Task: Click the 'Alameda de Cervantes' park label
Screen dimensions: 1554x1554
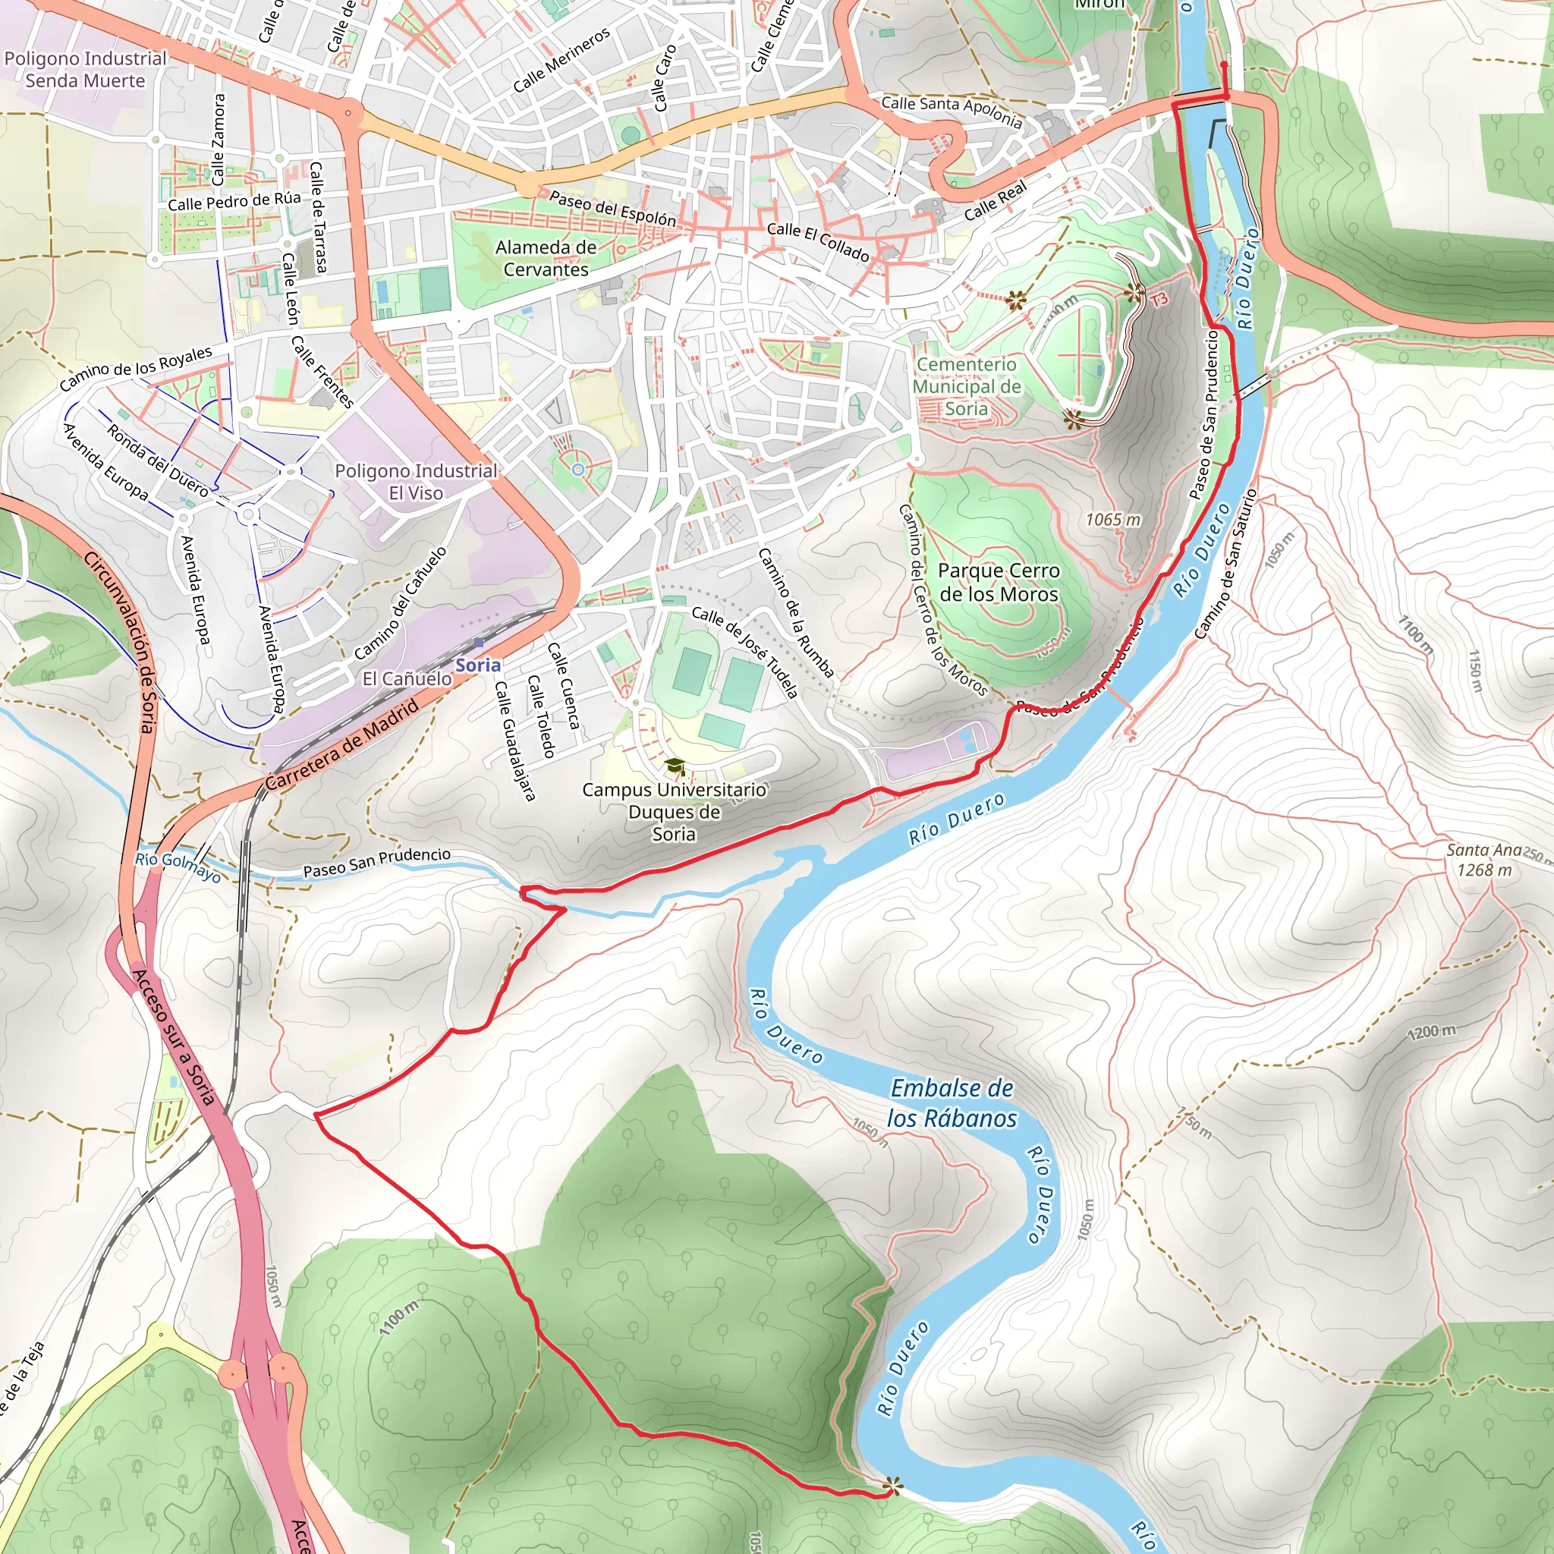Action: click(x=546, y=258)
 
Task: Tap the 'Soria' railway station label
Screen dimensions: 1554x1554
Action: click(x=478, y=665)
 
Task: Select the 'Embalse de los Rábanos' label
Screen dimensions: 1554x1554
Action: click(x=952, y=1103)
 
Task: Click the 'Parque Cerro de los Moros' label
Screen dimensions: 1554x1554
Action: click(x=999, y=582)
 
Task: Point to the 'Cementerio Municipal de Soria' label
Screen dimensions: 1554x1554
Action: click(x=966, y=386)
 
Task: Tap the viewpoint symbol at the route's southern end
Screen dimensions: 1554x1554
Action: click(x=892, y=1486)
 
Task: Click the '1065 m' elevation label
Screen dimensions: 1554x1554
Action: click(x=1112, y=520)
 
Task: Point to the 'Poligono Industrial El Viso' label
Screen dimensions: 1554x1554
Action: click(x=416, y=482)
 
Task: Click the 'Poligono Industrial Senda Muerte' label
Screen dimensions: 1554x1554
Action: click(x=85, y=69)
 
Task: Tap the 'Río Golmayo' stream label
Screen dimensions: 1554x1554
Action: click(x=177, y=867)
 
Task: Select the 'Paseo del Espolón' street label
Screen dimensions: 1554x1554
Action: click(x=612, y=207)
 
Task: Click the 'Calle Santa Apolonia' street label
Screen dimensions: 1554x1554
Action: click(x=951, y=112)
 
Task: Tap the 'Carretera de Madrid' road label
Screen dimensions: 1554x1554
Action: click(x=343, y=745)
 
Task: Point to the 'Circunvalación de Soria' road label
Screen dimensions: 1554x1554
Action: click(x=118, y=641)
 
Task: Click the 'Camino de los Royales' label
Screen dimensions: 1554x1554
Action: click(x=136, y=367)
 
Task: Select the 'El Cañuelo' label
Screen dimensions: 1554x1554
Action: click(x=406, y=678)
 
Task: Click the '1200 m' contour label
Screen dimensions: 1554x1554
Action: click(x=1431, y=1032)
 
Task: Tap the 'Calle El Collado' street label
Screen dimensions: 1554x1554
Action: click(x=817, y=241)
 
